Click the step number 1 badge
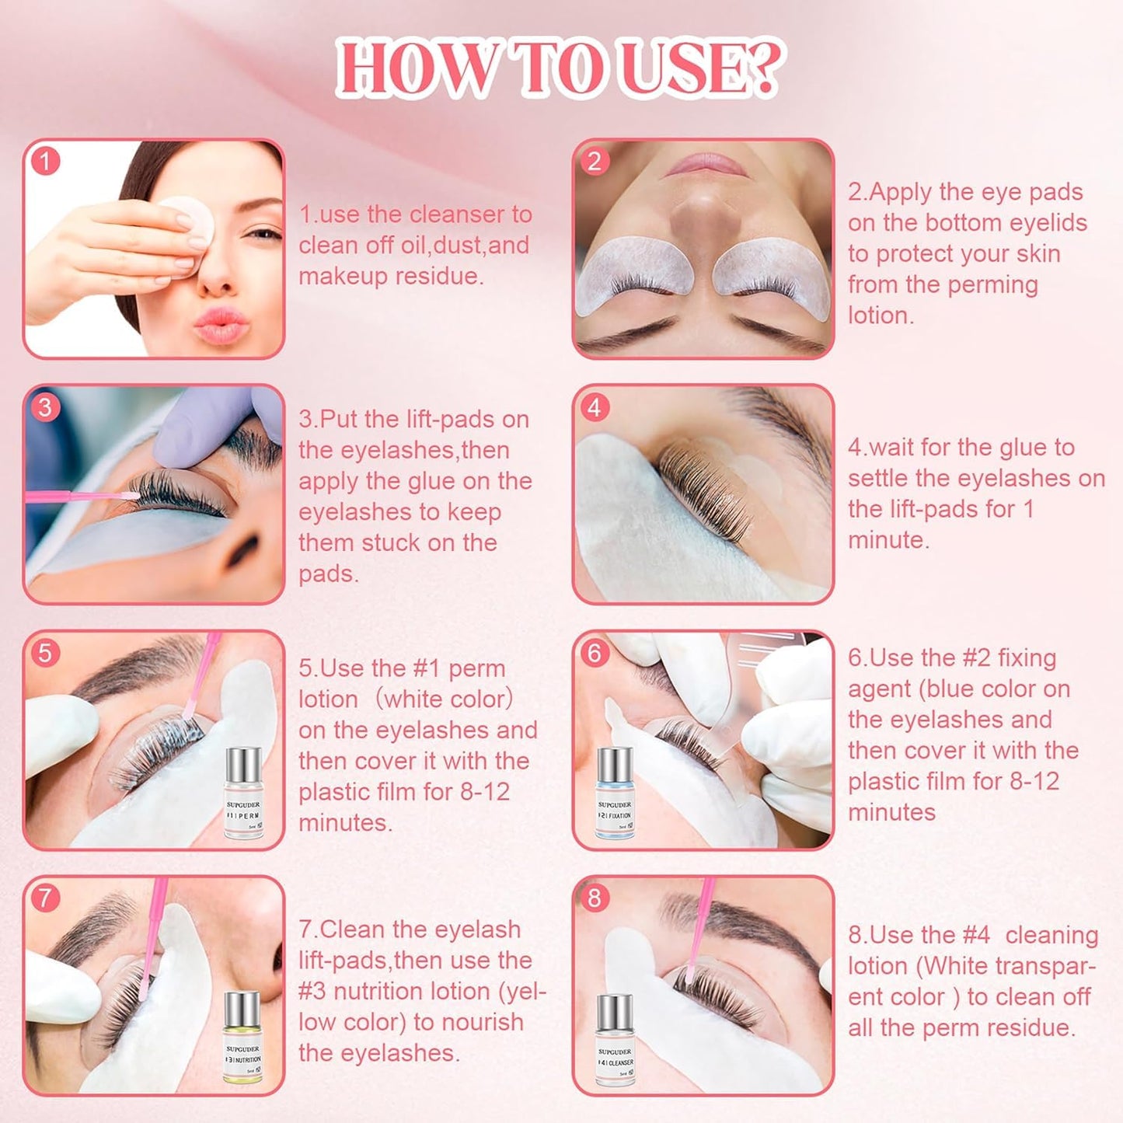[45, 161]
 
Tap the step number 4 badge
[595, 406]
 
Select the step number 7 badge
[45, 898]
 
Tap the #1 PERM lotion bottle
[243, 793]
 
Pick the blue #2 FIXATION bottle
[615, 793]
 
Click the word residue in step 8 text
[1029, 1028]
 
